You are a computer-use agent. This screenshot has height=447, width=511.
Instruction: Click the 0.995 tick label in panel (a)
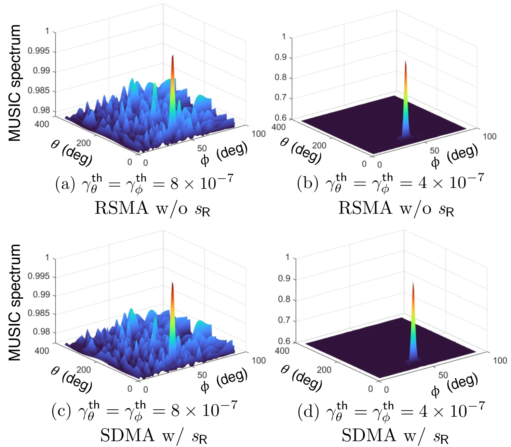tap(38, 51)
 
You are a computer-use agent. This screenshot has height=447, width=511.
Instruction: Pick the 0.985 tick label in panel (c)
tap(38, 313)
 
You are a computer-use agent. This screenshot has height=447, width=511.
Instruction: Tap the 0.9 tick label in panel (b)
tap(281, 57)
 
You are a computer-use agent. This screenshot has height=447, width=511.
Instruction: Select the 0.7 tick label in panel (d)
tap(284, 320)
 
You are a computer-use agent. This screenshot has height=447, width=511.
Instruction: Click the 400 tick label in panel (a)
tap(42, 124)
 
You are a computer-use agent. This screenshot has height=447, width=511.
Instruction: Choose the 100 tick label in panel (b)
tap(489, 136)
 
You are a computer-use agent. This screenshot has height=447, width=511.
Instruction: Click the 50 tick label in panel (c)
tap(202, 375)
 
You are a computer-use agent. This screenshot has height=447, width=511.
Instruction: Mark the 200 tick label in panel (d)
tap(324, 370)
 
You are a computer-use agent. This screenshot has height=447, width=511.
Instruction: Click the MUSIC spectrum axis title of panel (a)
tap(15, 83)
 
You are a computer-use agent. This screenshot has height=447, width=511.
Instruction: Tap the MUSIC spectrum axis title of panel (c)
tap(15, 302)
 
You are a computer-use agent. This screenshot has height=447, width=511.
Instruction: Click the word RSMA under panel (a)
tap(121, 208)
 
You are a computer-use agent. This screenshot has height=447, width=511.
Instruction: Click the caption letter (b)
tap(306, 184)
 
